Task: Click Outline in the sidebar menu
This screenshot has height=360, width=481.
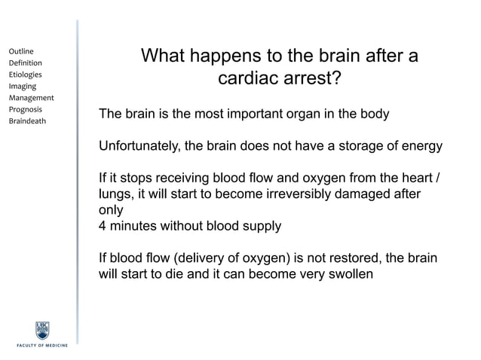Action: tap(20, 51)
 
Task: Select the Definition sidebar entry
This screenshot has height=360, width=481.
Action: tap(25, 63)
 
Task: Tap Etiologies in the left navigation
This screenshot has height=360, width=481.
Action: tap(25, 75)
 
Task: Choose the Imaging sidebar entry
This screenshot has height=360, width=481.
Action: tap(23, 87)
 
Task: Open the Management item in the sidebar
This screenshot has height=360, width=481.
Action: tap(31, 98)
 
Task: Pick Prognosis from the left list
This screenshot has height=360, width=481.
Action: tap(25, 109)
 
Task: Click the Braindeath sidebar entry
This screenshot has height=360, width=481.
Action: tap(27, 121)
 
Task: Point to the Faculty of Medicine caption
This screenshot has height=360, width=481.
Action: tap(42, 346)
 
